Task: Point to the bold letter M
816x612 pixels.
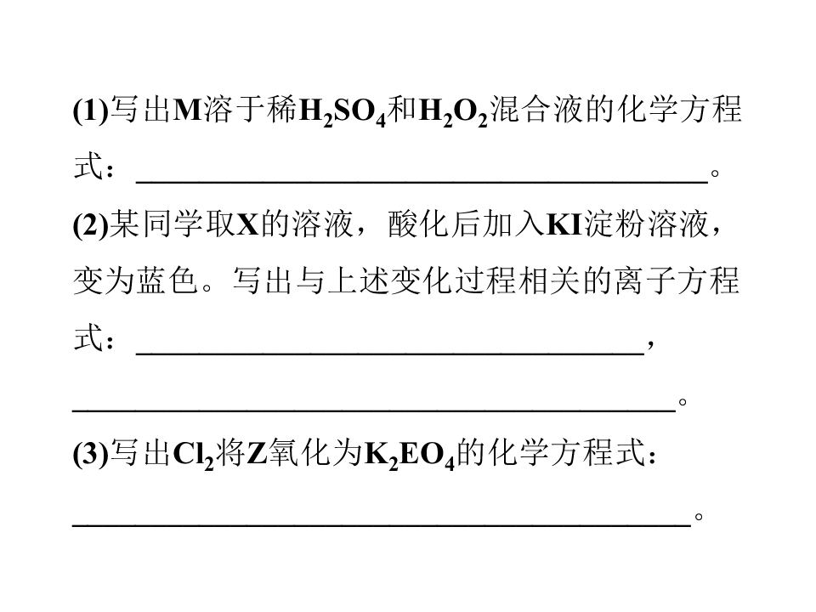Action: click(x=187, y=110)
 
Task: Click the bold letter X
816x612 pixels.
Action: click(x=248, y=224)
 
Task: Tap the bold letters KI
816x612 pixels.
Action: click(x=564, y=224)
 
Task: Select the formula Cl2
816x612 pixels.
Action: click(x=193, y=455)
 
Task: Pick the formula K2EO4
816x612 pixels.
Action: click(x=410, y=455)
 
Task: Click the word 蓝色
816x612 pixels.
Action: click(x=168, y=281)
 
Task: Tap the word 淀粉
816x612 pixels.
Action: click(x=615, y=224)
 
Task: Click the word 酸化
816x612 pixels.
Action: click(x=419, y=224)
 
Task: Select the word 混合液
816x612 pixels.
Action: click(x=536, y=110)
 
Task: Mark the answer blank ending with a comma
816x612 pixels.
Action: click(x=390, y=354)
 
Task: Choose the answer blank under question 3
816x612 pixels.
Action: click(x=382, y=525)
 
